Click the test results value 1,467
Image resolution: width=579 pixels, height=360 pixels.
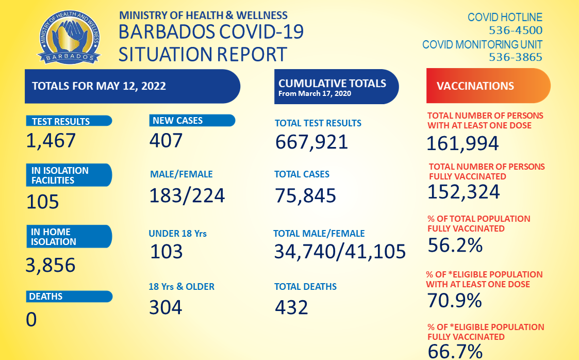[x=51, y=140]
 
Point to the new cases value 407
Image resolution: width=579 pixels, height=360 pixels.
[x=166, y=140]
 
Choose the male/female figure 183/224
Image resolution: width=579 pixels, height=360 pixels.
[x=187, y=195]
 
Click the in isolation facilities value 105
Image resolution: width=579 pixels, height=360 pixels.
[x=43, y=202]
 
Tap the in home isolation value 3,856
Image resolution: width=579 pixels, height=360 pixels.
[x=51, y=265]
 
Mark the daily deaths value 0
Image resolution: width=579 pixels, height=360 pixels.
[x=31, y=320]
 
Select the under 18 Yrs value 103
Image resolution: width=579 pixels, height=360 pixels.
[x=167, y=252]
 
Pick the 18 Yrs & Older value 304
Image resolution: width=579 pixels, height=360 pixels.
[x=166, y=307]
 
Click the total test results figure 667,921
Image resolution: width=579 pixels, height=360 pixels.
[x=311, y=142]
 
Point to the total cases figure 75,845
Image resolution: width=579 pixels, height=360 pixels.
[x=305, y=195]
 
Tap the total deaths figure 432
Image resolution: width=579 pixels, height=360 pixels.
[x=291, y=307]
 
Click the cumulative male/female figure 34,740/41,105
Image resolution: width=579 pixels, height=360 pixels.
[x=340, y=252]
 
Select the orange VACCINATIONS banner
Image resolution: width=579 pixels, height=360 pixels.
[x=488, y=86]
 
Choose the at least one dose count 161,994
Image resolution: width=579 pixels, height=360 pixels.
[x=462, y=143]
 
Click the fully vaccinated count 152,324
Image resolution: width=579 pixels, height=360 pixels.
[x=464, y=192]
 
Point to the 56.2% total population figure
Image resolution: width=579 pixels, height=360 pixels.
[x=455, y=246]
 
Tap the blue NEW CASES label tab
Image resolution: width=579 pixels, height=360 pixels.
[x=192, y=121]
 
